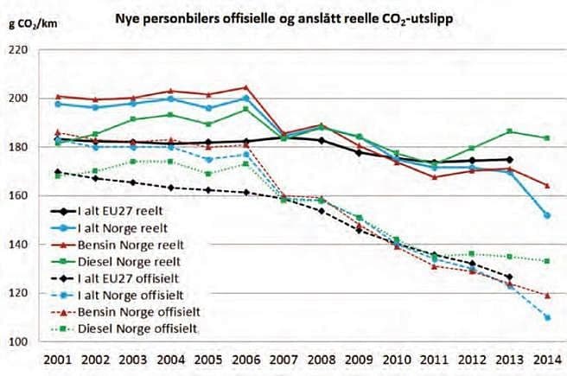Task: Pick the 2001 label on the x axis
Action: tap(58, 360)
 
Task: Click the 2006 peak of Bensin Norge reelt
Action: tap(245, 87)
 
